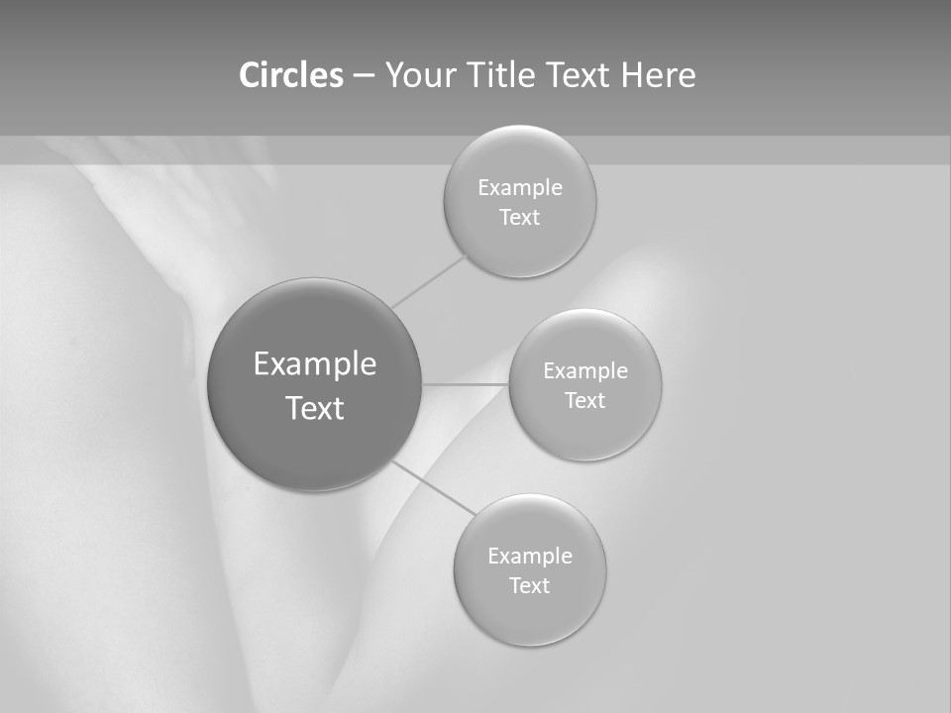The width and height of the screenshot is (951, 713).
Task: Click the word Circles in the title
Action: tap(290, 75)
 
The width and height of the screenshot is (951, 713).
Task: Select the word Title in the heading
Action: tap(503, 75)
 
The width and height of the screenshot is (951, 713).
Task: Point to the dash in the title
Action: tap(364, 76)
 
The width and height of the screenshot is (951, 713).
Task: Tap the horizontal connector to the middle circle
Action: tap(466, 383)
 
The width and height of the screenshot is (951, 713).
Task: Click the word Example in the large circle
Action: tap(314, 364)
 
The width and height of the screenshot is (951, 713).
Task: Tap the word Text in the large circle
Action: tap(314, 408)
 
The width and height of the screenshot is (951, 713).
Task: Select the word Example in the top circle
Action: tap(519, 187)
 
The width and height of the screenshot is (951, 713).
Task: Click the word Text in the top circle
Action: tap(519, 217)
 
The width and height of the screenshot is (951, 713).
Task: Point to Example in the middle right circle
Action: tap(584, 370)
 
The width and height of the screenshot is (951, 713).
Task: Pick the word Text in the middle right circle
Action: tap(584, 400)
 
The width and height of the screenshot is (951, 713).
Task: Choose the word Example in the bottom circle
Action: tap(529, 556)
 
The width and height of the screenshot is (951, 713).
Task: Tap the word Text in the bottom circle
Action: tap(529, 585)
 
